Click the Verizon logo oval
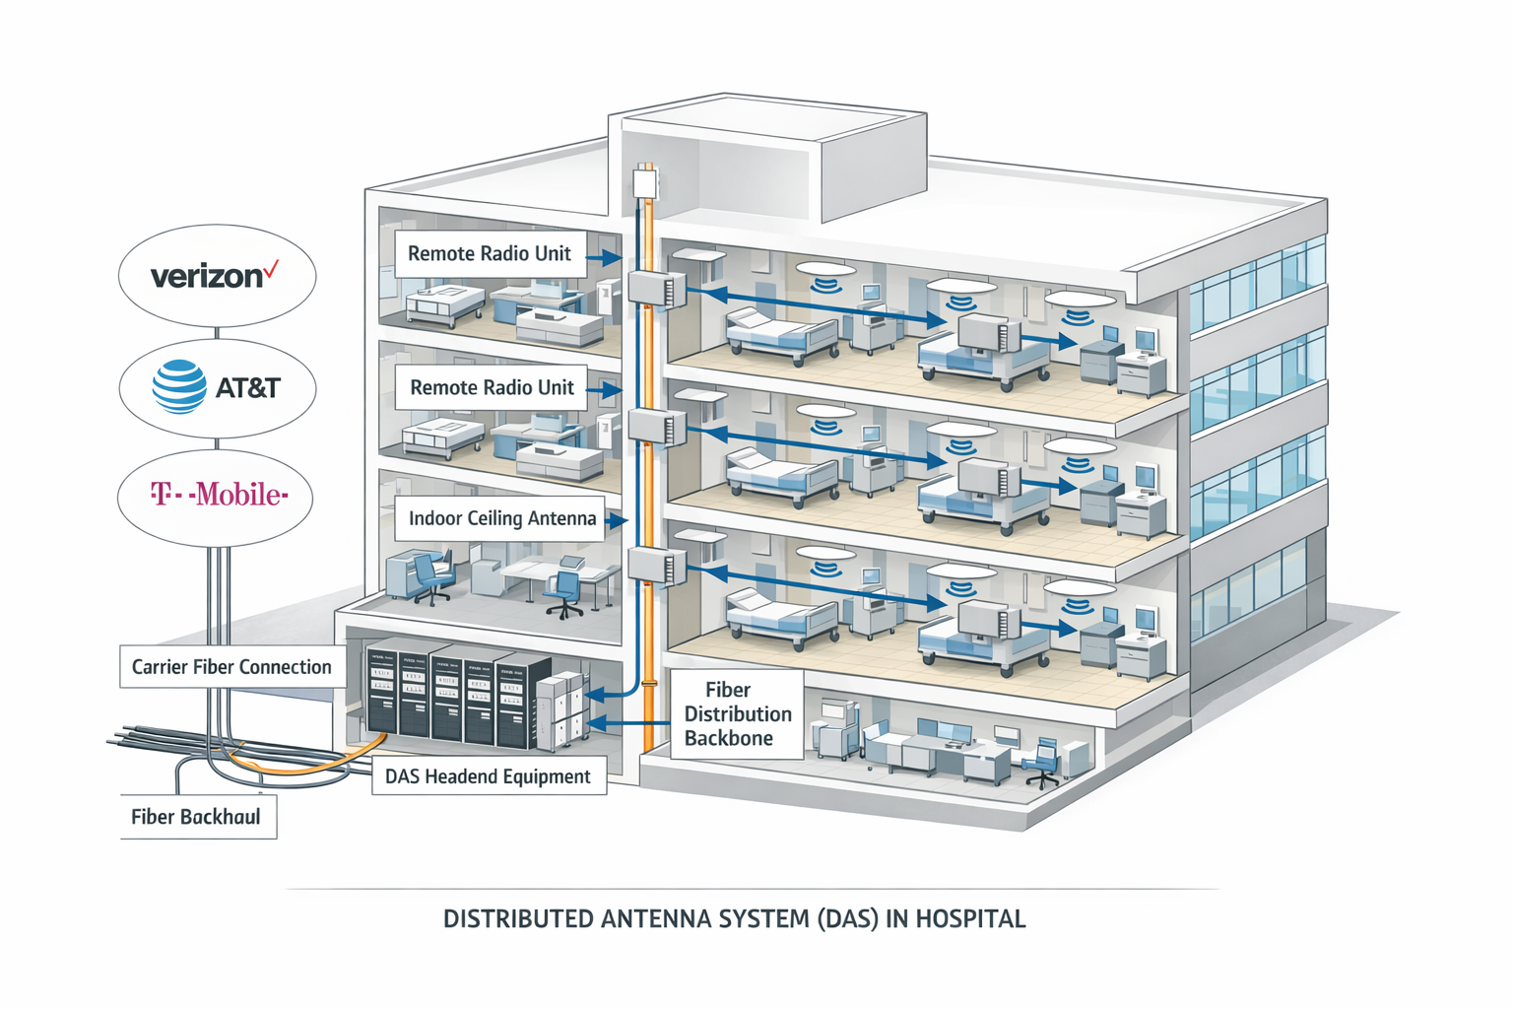[x=217, y=275]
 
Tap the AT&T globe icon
[x=179, y=386]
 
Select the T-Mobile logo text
[x=219, y=494]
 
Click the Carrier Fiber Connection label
[x=231, y=667]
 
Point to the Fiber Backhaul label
[x=196, y=817]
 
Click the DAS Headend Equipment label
[x=488, y=776]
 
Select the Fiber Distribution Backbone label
[x=737, y=714]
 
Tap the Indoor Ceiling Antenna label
[x=502, y=518]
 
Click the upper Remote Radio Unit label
[x=489, y=253]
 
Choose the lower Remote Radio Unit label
[x=492, y=387]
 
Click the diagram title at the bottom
[x=734, y=919]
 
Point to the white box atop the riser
[x=644, y=184]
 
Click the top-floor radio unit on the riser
[x=656, y=290]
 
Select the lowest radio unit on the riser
[x=656, y=567]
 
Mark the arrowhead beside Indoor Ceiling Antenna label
[x=617, y=520]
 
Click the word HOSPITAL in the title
[x=970, y=919]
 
